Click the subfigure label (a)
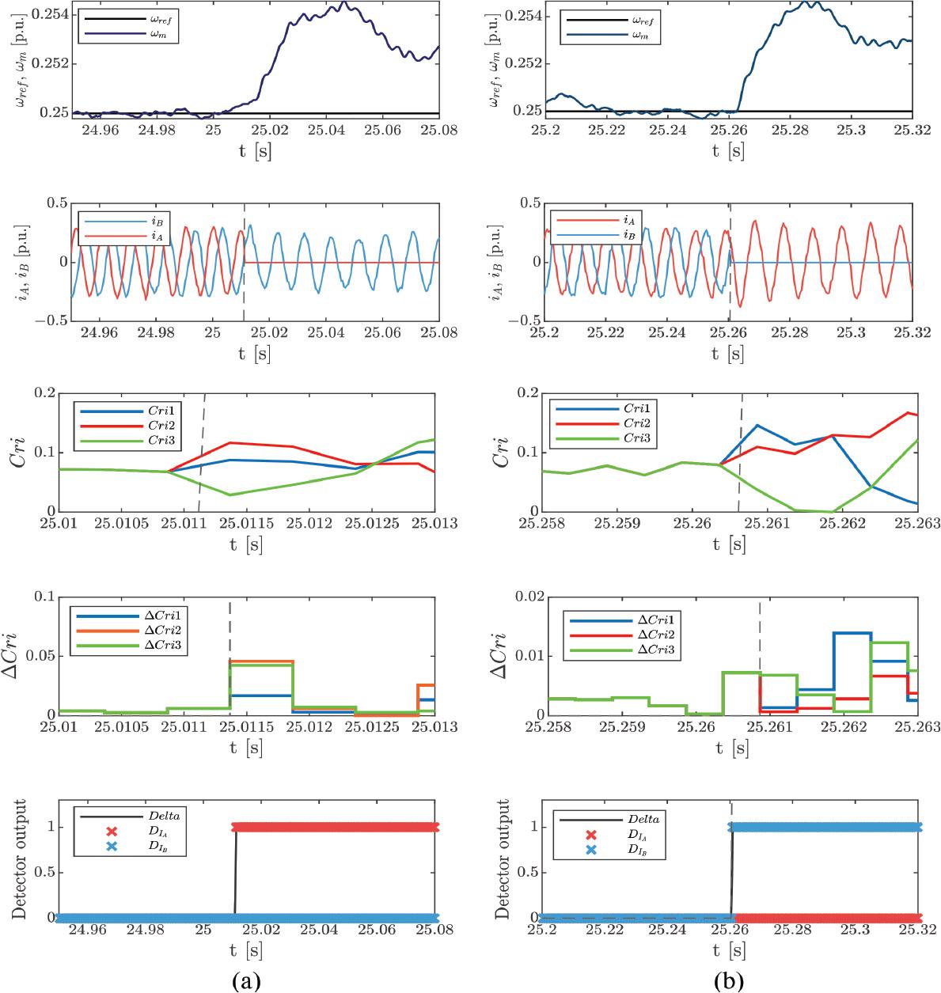[x=245, y=981]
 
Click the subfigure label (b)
[x=728, y=981]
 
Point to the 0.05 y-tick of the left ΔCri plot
[x=47, y=656]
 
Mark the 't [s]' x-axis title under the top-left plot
[x=254, y=150]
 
